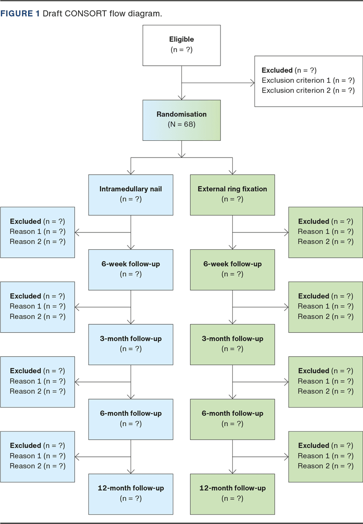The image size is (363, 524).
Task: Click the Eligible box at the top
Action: [181, 45]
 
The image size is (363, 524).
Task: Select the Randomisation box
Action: [181, 120]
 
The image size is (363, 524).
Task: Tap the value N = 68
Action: [181, 124]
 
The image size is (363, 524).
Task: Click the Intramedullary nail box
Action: [131, 194]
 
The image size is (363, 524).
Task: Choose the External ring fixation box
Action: [232, 194]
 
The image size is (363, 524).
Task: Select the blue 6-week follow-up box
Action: [131, 269]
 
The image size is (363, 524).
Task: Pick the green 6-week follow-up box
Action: [232, 269]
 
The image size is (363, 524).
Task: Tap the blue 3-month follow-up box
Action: [131, 344]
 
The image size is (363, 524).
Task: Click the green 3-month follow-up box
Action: [232, 344]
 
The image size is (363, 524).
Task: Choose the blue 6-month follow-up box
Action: [131, 419]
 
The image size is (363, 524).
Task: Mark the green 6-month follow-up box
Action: [232, 419]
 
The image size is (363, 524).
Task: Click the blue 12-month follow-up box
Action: [131, 494]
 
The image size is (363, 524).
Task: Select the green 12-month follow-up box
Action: [232, 494]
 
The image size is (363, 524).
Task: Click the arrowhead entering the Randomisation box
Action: [181, 97]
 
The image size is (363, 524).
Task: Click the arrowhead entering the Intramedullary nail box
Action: [131, 172]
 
